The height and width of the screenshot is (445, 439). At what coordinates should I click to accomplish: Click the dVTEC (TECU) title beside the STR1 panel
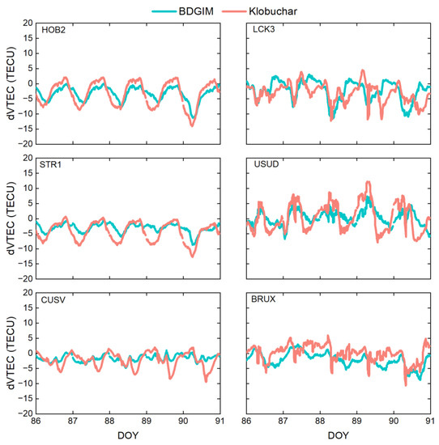coord(8,218)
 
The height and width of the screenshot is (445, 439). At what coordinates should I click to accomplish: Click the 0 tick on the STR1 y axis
coord(28,218)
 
